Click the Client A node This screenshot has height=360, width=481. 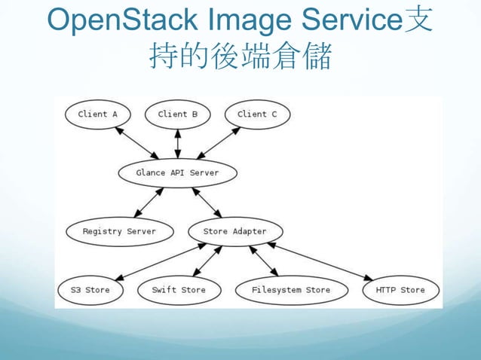[x=98, y=114]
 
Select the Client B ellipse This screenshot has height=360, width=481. [x=178, y=114]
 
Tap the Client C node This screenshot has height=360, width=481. [x=257, y=114]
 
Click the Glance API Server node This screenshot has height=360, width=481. [x=178, y=172]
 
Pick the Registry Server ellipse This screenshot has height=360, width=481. [x=119, y=231]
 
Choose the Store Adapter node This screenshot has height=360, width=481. [x=234, y=231]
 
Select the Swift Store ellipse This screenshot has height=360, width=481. [x=178, y=290]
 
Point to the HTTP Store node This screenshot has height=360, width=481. [x=400, y=290]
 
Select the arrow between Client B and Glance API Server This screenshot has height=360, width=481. [x=178, y=143]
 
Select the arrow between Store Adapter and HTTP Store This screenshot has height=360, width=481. [x=320, y=261]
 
